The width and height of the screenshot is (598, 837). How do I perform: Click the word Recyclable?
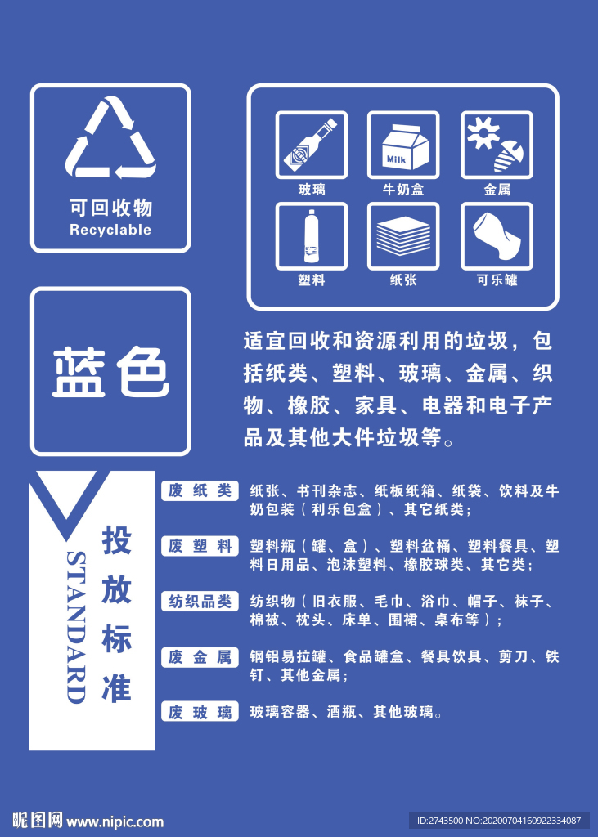[110, 230]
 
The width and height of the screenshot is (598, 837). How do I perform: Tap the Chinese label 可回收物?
[110, 208]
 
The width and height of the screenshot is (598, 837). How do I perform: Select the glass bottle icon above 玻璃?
[311, 145]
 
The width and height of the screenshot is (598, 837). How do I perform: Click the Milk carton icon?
[403, 145]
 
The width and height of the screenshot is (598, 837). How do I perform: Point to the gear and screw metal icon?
[497, 145]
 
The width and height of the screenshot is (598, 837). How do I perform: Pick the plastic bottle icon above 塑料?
[311, 236]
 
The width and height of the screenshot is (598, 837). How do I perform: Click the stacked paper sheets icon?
[403, 236]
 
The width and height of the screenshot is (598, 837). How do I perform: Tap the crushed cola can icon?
[497, 236]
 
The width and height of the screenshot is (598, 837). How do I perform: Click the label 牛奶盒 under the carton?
[403, 190]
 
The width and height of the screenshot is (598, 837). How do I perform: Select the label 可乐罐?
[497, 280]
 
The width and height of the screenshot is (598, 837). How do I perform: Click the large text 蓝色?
[110, 373]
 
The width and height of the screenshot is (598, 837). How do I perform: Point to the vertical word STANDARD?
[75, 626]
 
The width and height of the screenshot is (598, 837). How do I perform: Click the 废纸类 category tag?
[200, 490]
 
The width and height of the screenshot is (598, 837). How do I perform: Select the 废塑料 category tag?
[200, 546]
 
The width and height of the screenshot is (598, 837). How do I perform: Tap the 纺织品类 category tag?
[200, 602]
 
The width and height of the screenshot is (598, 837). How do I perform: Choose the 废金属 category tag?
[200, 656]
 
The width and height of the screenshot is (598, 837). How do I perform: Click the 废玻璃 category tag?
[200, 712]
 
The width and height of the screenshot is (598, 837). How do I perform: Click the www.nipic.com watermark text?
[115, 821]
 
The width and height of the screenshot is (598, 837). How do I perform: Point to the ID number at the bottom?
[498, 821]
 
